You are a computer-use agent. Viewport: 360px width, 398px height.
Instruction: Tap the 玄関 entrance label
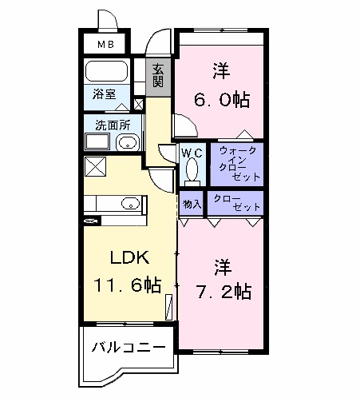pyautogui.click(x=158, y=75)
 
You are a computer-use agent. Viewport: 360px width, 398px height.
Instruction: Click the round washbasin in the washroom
pyautogui.click(x=127, y=144)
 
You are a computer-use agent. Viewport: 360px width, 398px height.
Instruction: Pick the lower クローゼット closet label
pyautogui.click(x=235, y=202)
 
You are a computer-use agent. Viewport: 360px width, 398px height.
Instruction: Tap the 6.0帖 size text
pyautogui.click(x=221, y=100)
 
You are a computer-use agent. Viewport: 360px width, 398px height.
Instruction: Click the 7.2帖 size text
pyautogui.click(x=222, y=291)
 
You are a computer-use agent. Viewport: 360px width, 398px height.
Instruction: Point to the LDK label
pyautogui.click(x=126, y=257)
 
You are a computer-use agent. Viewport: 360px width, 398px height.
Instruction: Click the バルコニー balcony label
pyautogui.click(x=129, y=348)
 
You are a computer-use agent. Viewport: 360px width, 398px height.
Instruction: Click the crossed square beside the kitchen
pyautogui.click(x=95, y=167)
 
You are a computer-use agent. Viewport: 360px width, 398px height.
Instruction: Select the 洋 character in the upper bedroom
pyautogui.click(x=221, y=70)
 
